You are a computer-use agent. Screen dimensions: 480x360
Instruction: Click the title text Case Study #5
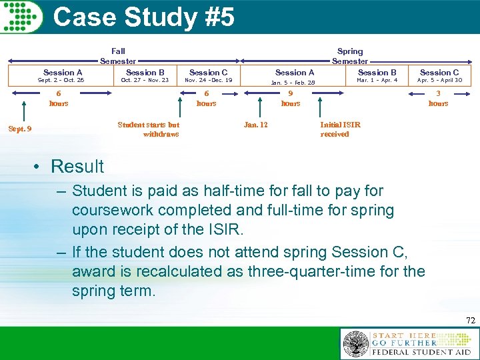tap(143, 17)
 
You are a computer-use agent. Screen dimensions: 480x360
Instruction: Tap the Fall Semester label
tap(118, 56)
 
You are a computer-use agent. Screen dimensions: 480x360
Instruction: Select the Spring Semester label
tap(350, 56)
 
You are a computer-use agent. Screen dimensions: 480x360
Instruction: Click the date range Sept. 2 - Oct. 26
tap(61, 81)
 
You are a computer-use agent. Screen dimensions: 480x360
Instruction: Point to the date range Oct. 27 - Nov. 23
tap(145, 81)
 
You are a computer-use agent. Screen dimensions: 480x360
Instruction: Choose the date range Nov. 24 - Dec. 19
tap(208, 81)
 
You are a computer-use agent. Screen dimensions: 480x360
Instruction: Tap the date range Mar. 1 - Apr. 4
tap(377, 81)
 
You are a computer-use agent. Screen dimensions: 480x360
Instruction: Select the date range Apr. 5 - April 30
tap(439, 81)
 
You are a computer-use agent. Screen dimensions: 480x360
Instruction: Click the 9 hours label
tap(291, 99)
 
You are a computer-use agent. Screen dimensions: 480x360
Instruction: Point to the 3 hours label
tap(438, 99)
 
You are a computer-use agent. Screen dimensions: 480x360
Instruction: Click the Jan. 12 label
tap(256, 125)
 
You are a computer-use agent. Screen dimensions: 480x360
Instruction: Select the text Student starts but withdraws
tap(148, 129)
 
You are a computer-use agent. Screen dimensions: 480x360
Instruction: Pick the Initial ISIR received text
tap(340, 129)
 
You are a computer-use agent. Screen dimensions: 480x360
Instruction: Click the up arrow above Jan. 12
tap(259, 107)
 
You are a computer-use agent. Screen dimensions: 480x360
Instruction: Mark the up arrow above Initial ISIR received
tap(321, 107)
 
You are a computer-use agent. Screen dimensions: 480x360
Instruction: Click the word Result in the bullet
tap(77, 166)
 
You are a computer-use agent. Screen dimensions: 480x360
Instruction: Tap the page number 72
tap(471, 321)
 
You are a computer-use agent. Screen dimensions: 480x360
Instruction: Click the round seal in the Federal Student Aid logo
tap(355, 345)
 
